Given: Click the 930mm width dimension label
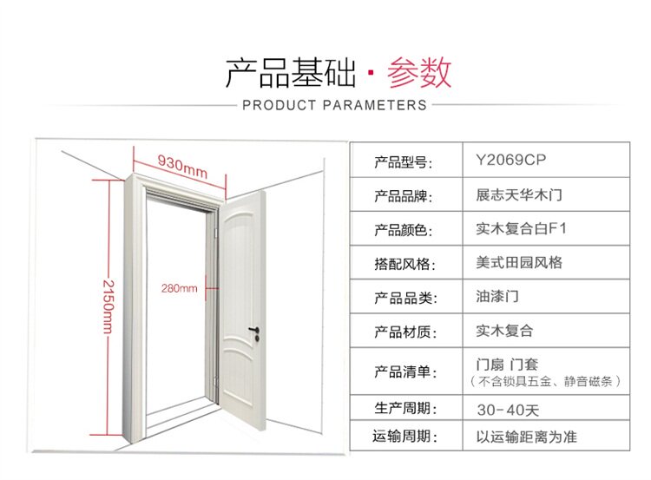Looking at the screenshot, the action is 182,165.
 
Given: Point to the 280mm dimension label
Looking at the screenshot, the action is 179,288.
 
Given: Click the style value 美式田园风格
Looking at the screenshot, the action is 519,263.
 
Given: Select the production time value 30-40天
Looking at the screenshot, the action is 509,408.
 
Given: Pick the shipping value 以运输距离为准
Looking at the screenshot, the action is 526,437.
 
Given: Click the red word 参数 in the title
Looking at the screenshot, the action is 419,73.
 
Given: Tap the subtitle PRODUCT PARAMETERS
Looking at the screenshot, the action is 334,105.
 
